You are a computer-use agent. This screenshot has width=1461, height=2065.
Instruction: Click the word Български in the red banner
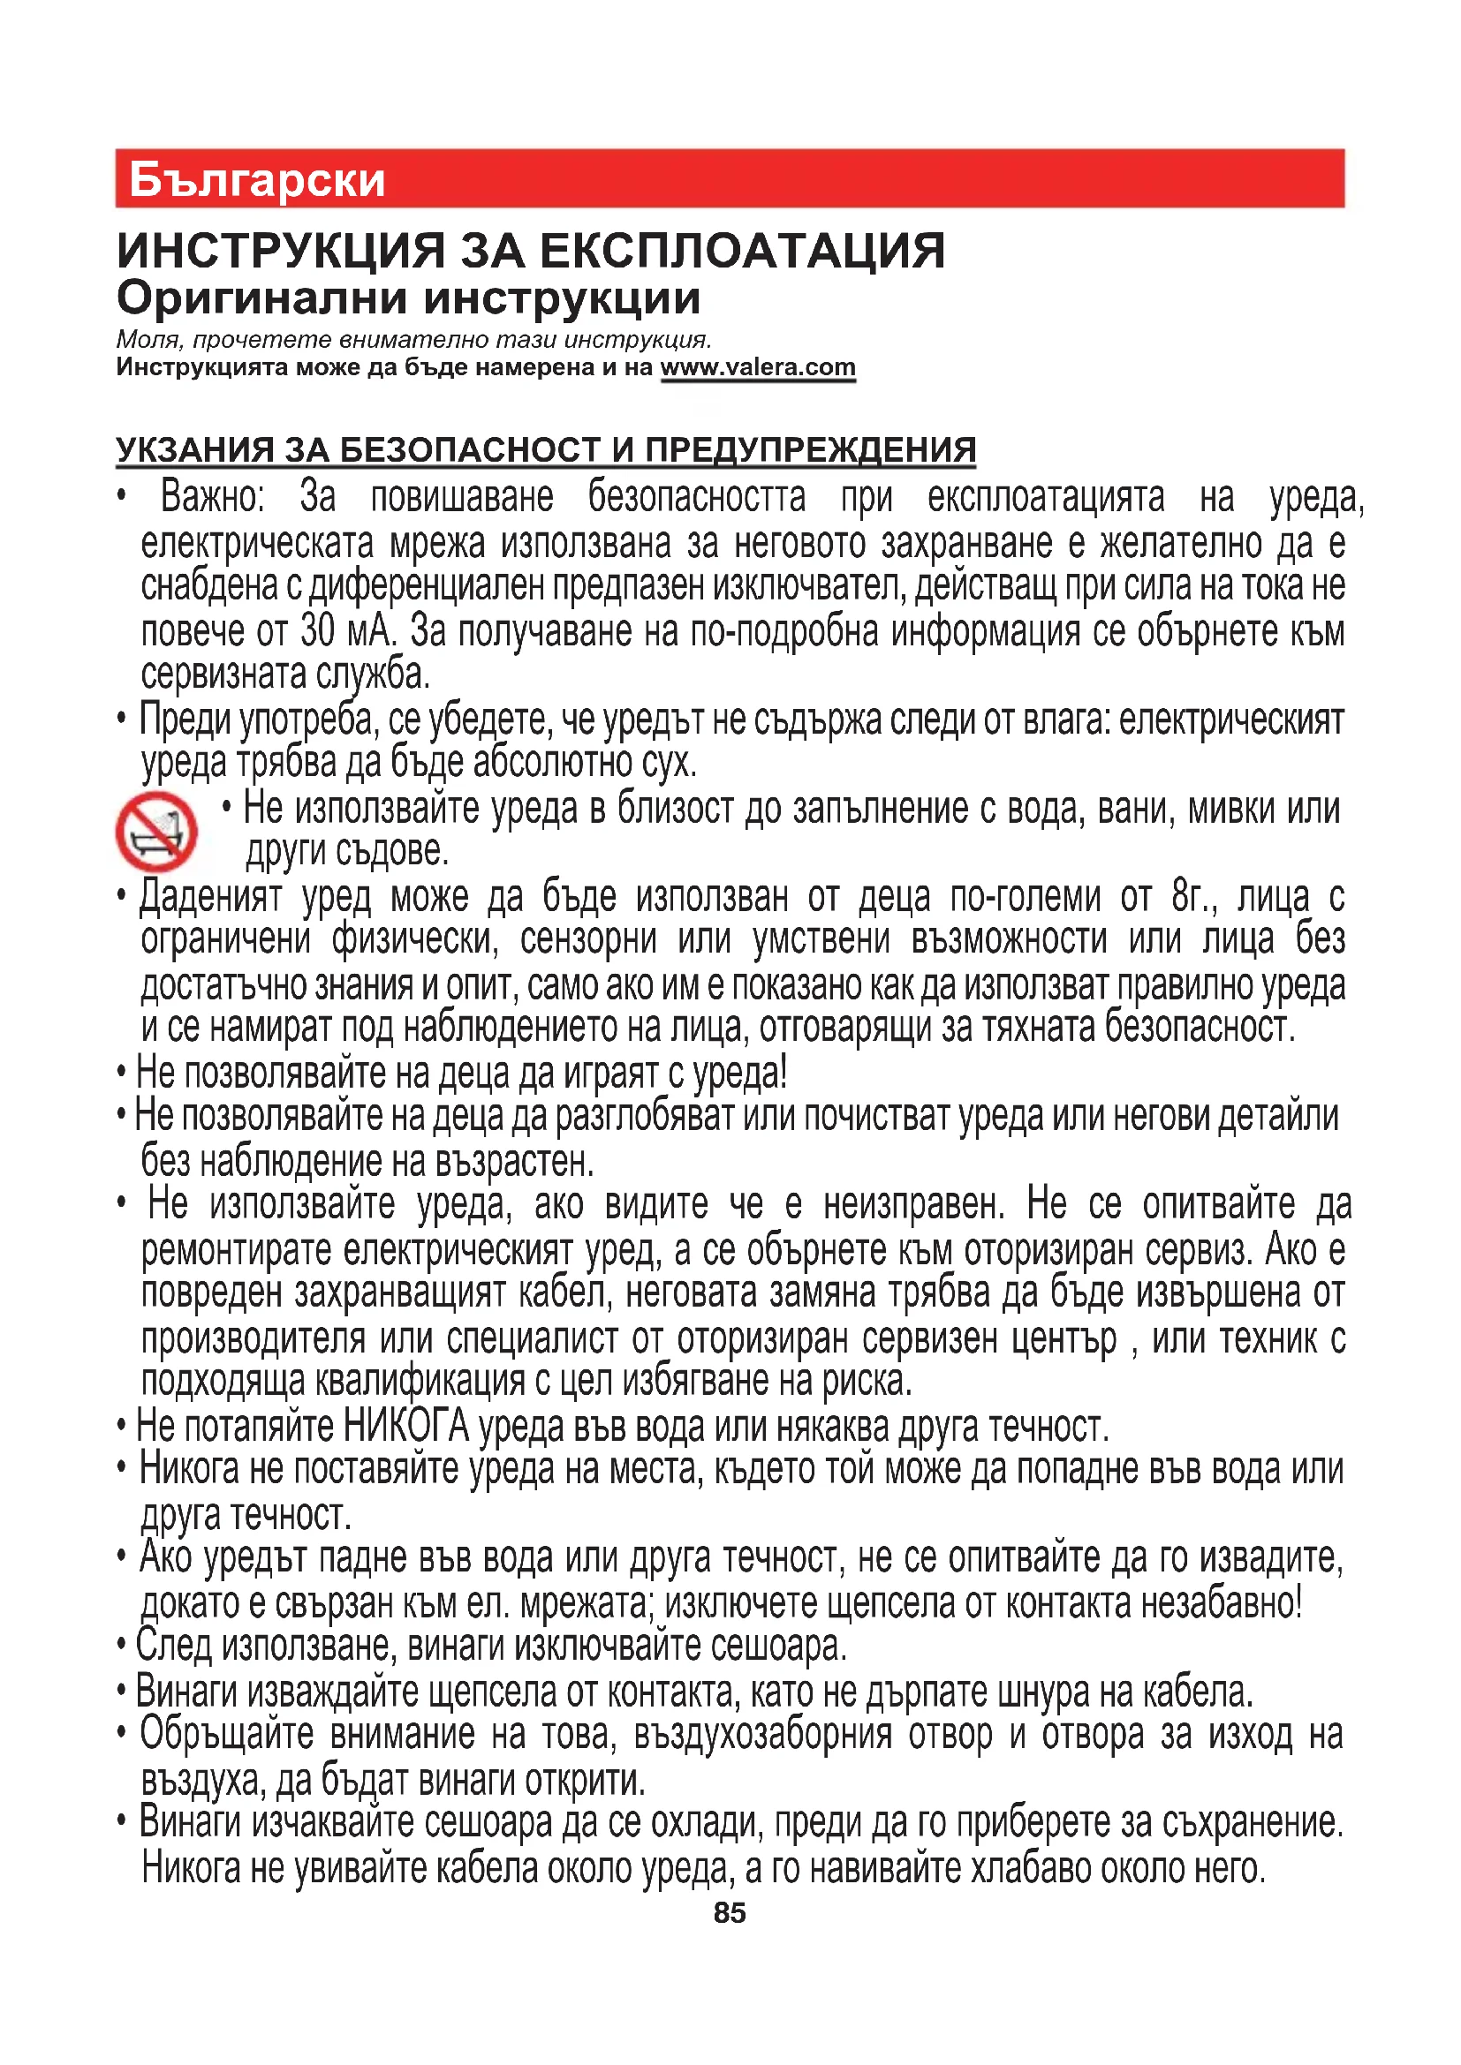(257, 180)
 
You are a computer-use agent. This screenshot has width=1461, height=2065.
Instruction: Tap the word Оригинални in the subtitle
(261, 298)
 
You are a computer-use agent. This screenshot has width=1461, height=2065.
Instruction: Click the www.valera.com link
(758, 367)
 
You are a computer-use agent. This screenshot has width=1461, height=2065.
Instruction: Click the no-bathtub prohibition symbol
(155, 831)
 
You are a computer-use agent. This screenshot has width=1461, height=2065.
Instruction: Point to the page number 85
(730, 1912)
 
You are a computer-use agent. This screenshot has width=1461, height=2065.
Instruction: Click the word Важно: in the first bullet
(212, 496)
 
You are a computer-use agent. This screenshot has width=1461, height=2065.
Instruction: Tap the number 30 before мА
(318, 630)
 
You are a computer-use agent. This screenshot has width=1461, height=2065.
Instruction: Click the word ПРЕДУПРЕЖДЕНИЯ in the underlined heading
(810, 449)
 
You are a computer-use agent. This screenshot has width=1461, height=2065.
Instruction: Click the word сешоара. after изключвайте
(779, 1646)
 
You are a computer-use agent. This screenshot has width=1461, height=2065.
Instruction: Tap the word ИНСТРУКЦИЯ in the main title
(282, 250)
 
